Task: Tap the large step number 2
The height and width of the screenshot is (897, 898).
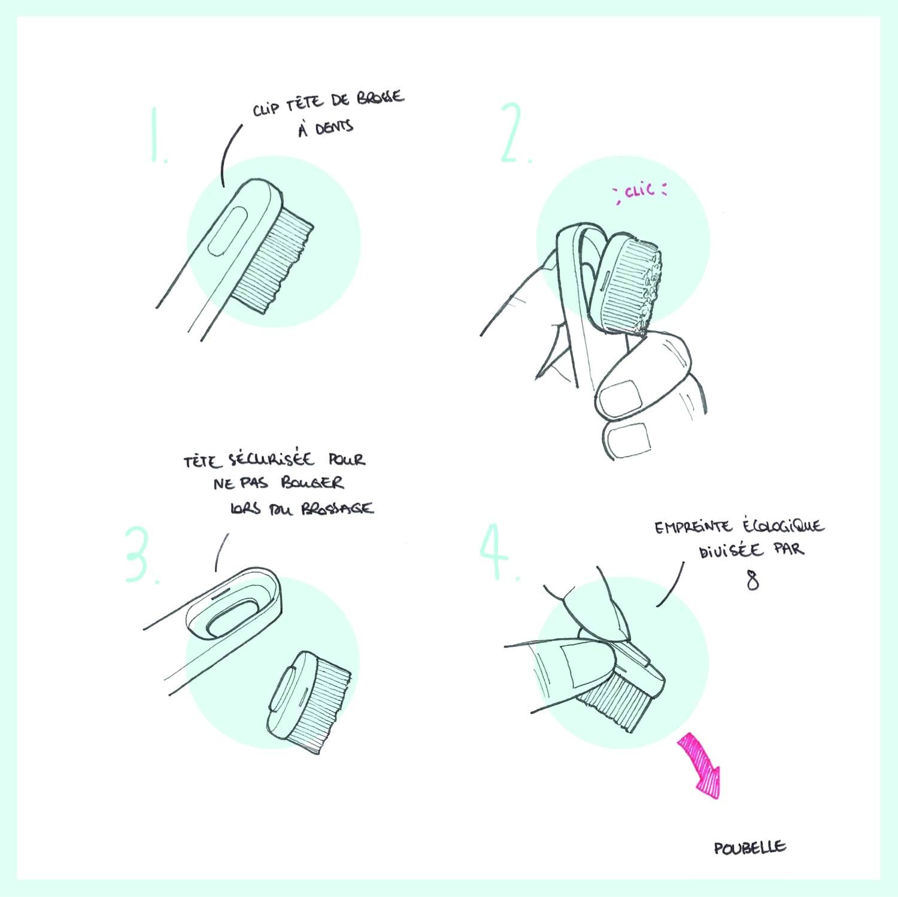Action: point(515,134)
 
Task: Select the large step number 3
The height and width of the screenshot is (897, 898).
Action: point(142,554)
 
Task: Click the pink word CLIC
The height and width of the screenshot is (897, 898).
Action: point(639,191)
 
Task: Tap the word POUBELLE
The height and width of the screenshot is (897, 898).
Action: point(750,847)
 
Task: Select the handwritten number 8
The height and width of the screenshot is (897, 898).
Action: point(753,580)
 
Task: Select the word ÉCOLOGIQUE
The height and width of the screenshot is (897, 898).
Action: point(783,526)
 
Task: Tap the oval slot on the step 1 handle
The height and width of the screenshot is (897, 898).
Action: point(224,233)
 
